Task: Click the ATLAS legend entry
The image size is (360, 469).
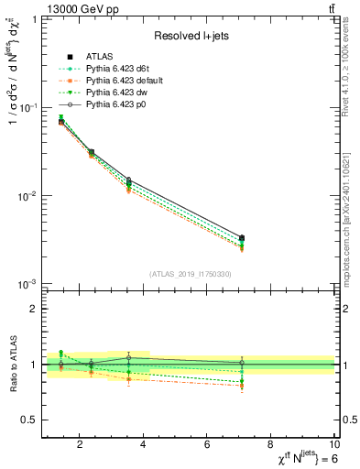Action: coord(97,58)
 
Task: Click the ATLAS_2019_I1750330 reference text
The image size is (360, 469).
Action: coord(191,274)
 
